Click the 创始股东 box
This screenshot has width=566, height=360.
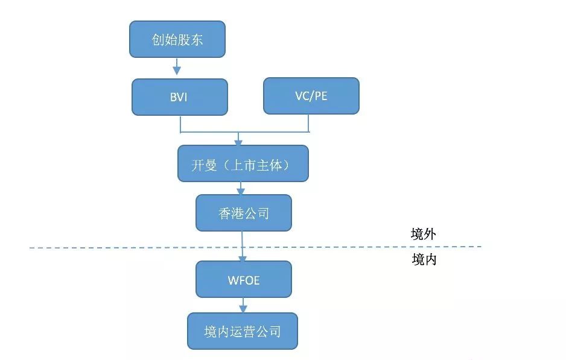pyautogui.click(x=177, y=39)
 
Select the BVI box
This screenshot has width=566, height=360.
pyautogui.click(x=179, y=97)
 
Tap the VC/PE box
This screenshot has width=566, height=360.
pyautogui.click(x=311, y=96)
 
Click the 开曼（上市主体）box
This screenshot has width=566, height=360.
pyautogui.click(x=243, y=163)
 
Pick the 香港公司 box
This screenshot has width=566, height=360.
pyautogui.click(x=244, y=213)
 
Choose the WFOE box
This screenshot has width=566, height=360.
pyautogui.click(x=244, y=279)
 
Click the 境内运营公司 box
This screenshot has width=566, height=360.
pyautogui.click(x=243, y=331)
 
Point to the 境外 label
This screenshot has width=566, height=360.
pyautogui.click(x=424, y=234)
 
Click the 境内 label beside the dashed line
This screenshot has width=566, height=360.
pyautogui.click(x=424, y=259)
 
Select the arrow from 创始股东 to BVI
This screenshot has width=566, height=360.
pyautogui.click(x=177, y=66)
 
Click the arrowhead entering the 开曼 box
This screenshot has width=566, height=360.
pyautogui.click(x=238, y=142)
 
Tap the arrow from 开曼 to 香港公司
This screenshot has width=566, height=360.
pyautogui.click(x=241, y=188)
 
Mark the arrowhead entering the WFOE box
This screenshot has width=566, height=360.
pyautogui.click(x=242, y=258)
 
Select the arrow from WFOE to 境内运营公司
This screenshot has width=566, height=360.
pyautogui.click(x=243, y=305)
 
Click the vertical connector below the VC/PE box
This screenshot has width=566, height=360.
pyautogui.click(x=308, y=124)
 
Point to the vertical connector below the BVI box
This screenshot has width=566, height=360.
pyautogui.click(x=180, y=124)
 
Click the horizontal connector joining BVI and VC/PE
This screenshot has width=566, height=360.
pyautogui.click(x=244, y=132)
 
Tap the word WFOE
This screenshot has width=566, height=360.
pyautogui.click(x=244, y=280)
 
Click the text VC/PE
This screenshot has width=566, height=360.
pyautogui.click(x=311, y=96)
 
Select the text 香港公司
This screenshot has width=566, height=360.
pyautogui.click(x=244, y=213)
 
